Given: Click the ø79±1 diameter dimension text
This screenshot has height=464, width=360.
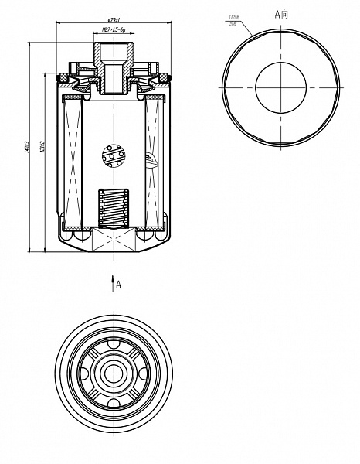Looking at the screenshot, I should click(113, 20).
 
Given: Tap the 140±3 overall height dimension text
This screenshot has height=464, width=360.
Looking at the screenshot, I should click(28, 145).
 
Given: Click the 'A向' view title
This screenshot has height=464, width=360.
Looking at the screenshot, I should click(283, 14).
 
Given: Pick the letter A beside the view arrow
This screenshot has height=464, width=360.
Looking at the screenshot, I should click(118, 285).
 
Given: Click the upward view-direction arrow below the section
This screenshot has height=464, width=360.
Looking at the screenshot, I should click(113, 280).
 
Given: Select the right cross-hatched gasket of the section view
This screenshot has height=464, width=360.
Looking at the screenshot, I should click(163, 77).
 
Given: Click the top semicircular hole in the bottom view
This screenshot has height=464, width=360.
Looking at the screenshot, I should click(113, 343).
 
